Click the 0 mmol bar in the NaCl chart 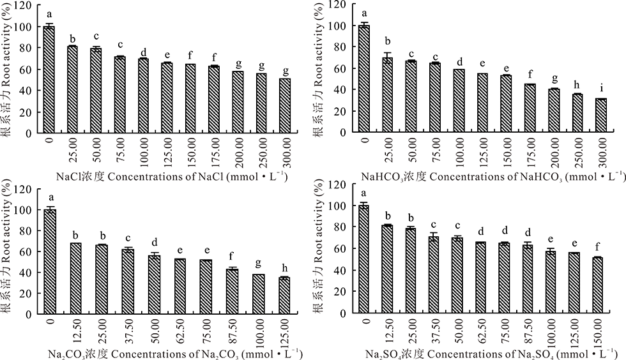click(x=49, y=80)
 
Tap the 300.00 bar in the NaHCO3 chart click(x=600, y=116)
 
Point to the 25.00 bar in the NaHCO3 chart click(x=387, y=95)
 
